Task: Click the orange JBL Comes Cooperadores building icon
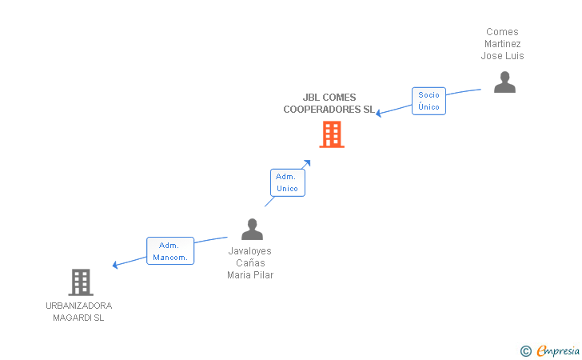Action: click(x=331, y=134)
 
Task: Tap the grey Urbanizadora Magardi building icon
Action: click(x=80, y=282)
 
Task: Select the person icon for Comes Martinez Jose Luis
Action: click(x=504, y=82)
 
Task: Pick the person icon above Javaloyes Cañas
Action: click(x=252, y=230)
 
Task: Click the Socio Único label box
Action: click(x=429, y=101)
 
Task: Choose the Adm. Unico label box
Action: click(x=287, y=182)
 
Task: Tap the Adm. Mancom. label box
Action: click(x=169, y=251)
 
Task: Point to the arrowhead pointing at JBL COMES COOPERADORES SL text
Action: click(x=380, y=113)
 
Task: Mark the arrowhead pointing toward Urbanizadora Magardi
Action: click(x=116, y=265)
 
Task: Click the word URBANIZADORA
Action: click(x=79, y=306)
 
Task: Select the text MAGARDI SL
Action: click(x=79, y=318)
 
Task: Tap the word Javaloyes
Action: click(x=250, y=250)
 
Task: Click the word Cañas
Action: click(x=250, y=262)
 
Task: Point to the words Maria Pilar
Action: click(x=250, y=275)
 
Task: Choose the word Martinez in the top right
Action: click(x=502, y=44)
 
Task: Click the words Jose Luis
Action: click(x=502, y=56)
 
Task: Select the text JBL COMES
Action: click(x=329, y=98)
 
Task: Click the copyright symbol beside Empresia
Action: click(x=525, y=350)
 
